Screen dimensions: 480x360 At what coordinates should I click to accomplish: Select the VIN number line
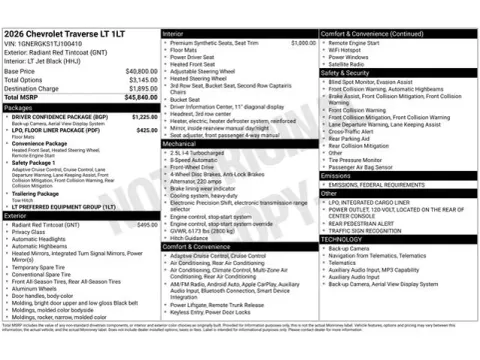click(44, 44)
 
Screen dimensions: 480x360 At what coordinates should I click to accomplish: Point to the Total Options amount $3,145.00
click(140, 79)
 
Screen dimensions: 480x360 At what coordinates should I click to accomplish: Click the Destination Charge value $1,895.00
click(140, 88)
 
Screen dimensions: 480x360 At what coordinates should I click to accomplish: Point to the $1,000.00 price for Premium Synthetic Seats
click(302, 44)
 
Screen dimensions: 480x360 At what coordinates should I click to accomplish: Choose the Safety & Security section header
click(345, 73)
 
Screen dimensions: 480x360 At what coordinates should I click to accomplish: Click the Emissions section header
click(336, 175)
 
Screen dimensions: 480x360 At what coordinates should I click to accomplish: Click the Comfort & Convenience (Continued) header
click(372, 34)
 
